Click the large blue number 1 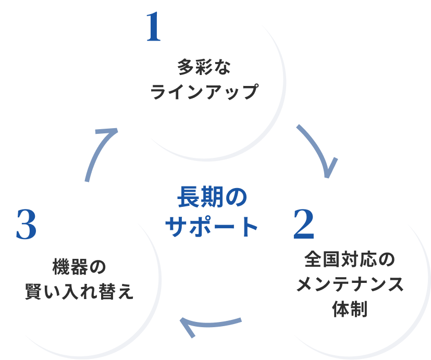(x=154, y=27)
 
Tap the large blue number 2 (x=303, y=224)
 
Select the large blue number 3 (x=27, y=224)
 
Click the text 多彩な (x=204, y=67)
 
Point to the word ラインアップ (x=204, y=92)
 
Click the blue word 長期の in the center (x=212, y=197)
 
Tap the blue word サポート (x=212, y=227)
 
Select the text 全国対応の (x=350, y=259)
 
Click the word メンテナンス (x=350, y=284)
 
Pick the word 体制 (x=350, y=308)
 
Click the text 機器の (x=79, y=267)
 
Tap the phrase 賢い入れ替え (x=79, y=291)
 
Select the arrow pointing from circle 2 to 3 (x=212, y=324)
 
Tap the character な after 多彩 (x=222, y=67)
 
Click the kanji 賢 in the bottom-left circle (x=34, y=291)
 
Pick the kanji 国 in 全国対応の (x=331, y=259)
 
